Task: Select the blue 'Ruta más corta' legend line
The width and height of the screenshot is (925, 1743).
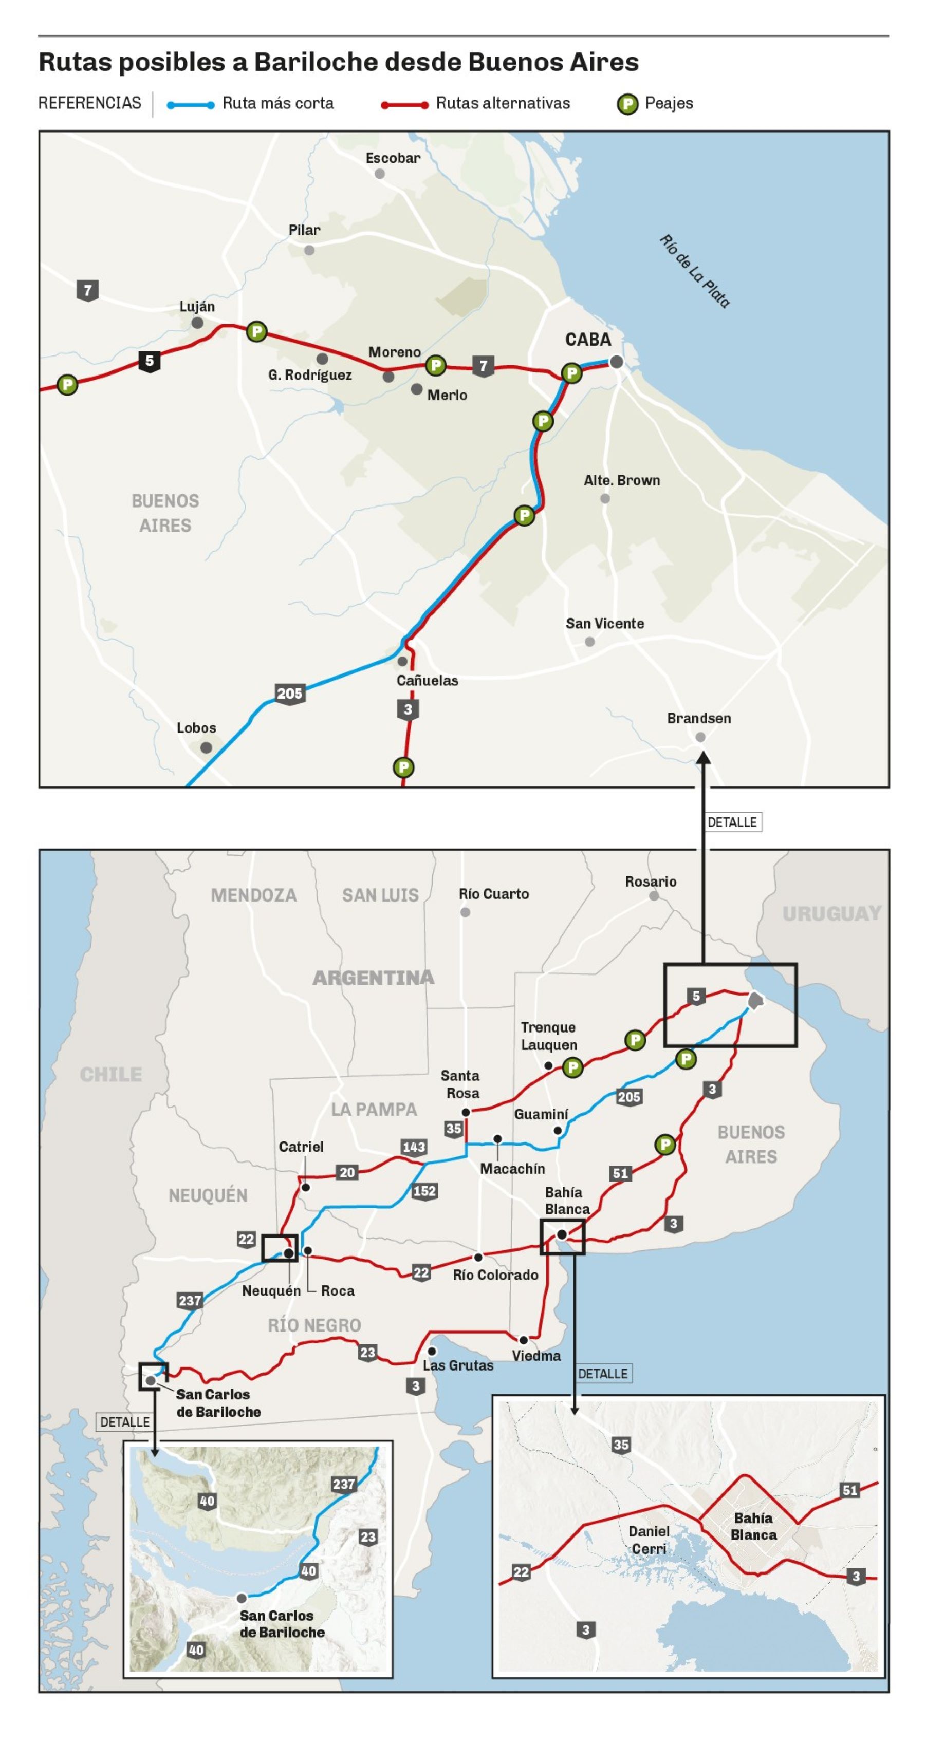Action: pos(191,105)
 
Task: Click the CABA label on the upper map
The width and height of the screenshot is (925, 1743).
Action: pos(587,340)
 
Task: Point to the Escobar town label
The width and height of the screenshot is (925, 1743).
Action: pos(393,158)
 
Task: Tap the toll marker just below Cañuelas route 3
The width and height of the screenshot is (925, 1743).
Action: pos(403,767)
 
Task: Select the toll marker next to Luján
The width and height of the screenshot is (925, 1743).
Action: pos(256,331)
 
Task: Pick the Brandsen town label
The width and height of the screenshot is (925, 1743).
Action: pos(698,719)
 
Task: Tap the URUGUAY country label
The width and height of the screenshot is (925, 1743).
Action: pos(831,913)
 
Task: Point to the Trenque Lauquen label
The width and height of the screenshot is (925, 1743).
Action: pos(549,1036)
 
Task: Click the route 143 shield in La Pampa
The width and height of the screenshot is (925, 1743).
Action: pos(414,1146)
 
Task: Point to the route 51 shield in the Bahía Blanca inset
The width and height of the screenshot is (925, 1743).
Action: pos(849,1489)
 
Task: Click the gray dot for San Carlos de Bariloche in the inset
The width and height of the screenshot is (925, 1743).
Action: pos(241,1598)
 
